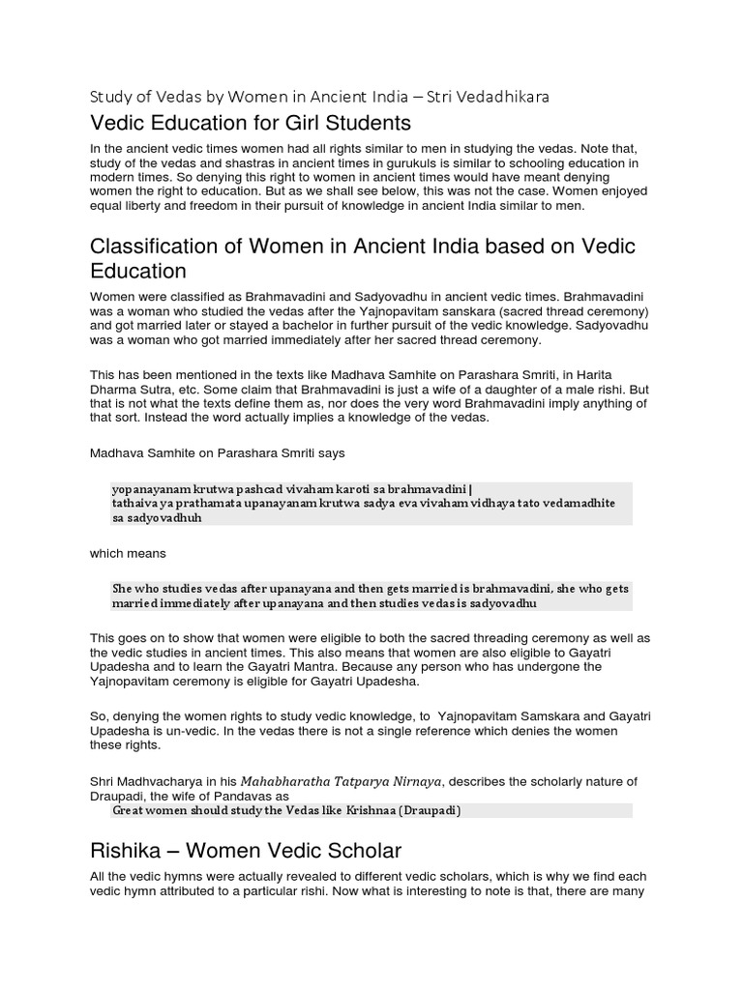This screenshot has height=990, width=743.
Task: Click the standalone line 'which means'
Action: coord(128,554)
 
